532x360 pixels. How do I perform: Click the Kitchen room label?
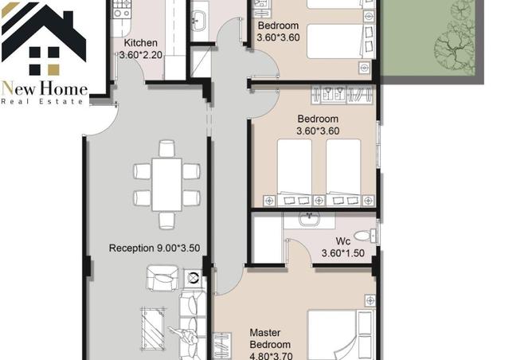tap(140, 43)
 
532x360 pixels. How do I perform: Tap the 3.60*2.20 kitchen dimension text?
tap(141, 55)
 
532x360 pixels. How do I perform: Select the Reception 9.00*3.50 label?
tap(155, 248)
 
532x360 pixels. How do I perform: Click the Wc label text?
tap(342, 241)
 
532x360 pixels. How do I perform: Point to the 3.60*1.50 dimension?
tap(342, 253)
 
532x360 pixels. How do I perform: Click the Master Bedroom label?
tap(270, 338)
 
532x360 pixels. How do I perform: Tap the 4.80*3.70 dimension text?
tap(271, 356)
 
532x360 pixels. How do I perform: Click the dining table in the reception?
tap(166, 185)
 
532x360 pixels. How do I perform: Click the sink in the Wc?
tap(309, 219)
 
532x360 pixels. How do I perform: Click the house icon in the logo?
tap(44, 38)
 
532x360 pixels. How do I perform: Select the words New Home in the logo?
tap(45, 89)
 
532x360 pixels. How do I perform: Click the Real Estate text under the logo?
tap(42, 101)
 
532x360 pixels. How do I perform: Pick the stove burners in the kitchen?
tap(122, 10)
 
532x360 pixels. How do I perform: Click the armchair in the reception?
tap(162, 278)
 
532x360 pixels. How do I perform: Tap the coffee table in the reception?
tap(153, 328)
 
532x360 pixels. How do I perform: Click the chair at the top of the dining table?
tap(167, 149)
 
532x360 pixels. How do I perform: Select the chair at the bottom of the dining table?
tap(167, 221)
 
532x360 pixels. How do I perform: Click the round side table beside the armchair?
tap(193, 278)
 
